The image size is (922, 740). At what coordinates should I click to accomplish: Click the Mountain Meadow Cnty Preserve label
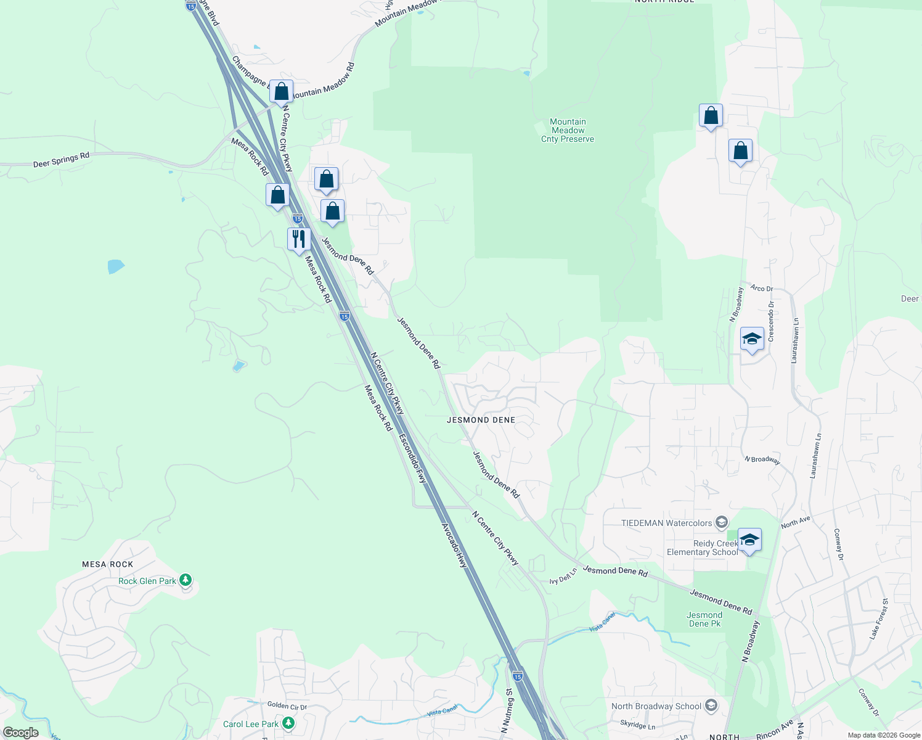pyautogui.click(x=568, y=131)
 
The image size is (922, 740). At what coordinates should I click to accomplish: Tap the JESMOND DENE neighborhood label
pyautogui.click(x=481, y=420)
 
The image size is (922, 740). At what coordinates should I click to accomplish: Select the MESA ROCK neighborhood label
pyautogui.click(x=108, y=564)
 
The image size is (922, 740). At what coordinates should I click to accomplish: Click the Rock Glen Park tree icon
pyautogui.click(x=186, y=580)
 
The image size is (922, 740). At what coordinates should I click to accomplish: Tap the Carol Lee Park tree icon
pyautogui.click(x=288, y=723)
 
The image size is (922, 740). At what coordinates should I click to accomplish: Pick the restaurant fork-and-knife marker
pyautogui.click(x=299, y=239)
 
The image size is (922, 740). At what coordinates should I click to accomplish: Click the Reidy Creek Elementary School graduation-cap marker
pyautogui.click(x=749, y=540)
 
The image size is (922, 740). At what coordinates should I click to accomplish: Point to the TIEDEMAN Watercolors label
pyautogui.click(x=666, y=523)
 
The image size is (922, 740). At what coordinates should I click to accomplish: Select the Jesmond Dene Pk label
pyautogui.click(x=704, y=619)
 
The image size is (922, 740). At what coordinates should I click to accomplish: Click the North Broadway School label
pyautogui.click(x=656, y=706)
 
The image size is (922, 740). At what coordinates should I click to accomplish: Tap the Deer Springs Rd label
pyautogui.click(x=61, y=160)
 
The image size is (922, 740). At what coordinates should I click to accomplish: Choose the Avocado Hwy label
pyautogui.click(x=455, y=546)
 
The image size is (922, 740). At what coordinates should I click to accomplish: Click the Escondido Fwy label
pyautogui.click(x=412, y=458)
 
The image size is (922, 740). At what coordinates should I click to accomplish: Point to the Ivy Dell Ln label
pyautogui.click(x=563, y=577)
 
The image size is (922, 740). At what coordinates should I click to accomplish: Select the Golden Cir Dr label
pyautogui.click(x=287, y=705)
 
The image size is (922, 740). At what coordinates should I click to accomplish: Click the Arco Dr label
pyautogui.click(x=761, y=288)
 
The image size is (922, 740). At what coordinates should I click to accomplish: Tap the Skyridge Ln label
pyautogui.click(x=637, y=725)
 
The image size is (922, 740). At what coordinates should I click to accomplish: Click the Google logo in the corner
pyautogui.click(x=20, y=733)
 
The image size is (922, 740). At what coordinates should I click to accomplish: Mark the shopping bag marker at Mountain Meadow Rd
pyautogui.click(x=281, y=91)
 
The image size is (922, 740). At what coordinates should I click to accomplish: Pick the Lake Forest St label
pyautogui.click(x=879, y=619)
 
